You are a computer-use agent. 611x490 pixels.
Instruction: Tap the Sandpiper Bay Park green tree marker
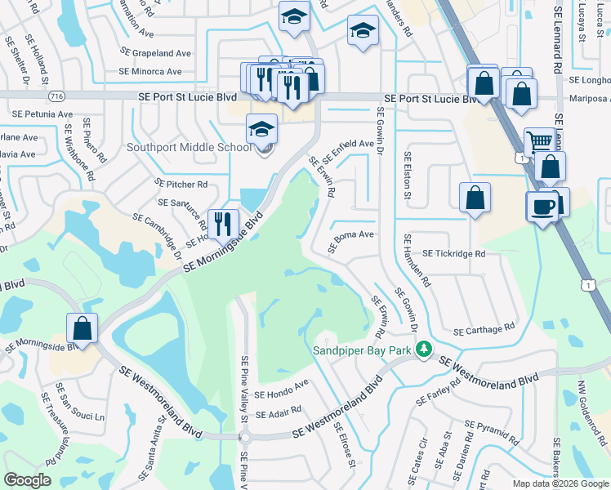pos(423,350)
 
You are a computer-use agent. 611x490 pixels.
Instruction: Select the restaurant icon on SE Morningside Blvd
pos(222,223)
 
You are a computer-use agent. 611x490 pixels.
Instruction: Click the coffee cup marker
pos(542,205)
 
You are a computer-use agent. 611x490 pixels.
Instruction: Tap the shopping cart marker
pos(539,142)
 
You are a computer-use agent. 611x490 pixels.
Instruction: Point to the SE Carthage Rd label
pos(484,329)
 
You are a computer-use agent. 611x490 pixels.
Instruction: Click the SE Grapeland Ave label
pos(155,53)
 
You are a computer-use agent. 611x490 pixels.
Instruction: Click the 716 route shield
pos(56,96)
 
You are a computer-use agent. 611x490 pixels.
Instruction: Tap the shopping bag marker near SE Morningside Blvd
pos(83,328)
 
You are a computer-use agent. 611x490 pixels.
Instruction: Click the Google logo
pos(27,480)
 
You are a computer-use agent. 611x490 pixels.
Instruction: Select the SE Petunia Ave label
pos(31,114)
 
